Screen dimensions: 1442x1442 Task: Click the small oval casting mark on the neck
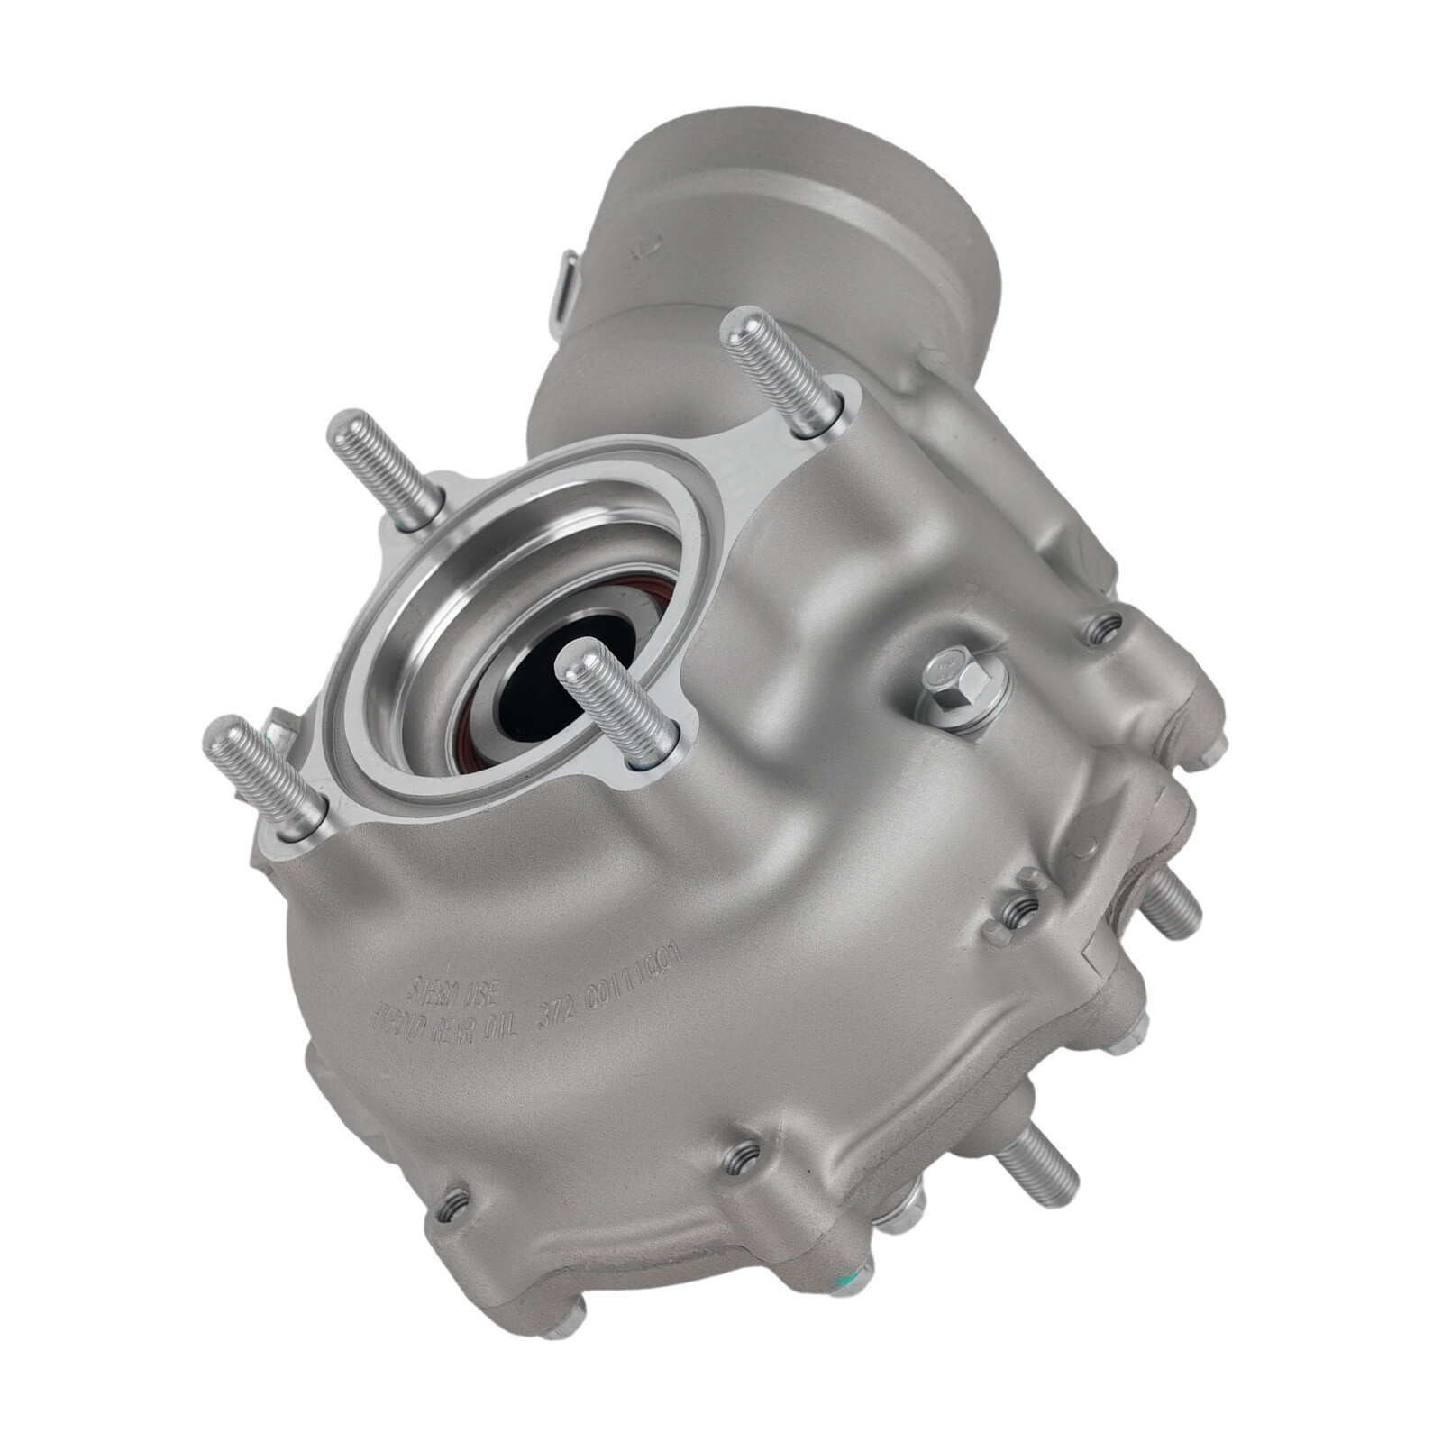pos(648,246)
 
